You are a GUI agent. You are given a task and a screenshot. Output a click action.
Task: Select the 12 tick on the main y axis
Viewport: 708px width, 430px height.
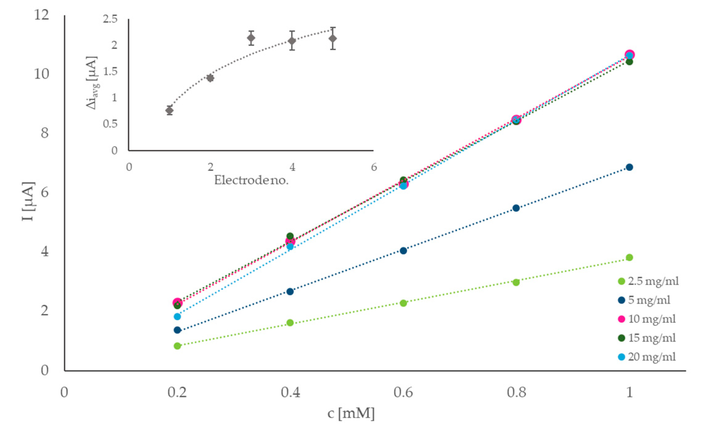coord(42,15)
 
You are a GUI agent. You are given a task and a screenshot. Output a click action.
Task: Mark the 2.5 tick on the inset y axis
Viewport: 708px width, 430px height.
coord(111,19)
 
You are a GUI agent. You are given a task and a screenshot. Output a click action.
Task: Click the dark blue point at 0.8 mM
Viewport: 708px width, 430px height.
coord(516,208)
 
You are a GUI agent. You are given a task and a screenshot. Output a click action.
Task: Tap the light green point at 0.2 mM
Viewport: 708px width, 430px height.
coord(177,346)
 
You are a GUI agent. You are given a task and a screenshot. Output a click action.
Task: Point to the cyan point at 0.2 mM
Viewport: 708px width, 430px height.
coord(177,316)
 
